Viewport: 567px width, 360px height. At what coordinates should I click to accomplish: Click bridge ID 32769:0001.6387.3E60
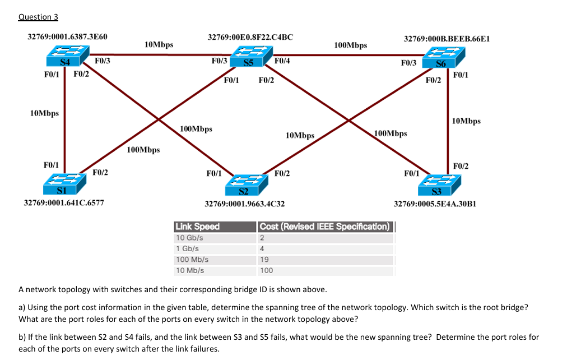68,36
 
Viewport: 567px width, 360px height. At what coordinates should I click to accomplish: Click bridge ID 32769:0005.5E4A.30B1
435,204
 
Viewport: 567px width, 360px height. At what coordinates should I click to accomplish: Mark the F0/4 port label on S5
282,61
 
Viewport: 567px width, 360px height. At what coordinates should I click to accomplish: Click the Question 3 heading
38,17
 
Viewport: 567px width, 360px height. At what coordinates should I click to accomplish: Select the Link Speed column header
197,227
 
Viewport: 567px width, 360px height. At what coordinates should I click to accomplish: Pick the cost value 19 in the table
264,260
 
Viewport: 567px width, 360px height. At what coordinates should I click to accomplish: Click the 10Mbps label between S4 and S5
159,44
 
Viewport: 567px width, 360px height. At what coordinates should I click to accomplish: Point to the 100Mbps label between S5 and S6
350,45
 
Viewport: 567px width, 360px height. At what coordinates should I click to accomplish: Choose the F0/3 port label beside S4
102,61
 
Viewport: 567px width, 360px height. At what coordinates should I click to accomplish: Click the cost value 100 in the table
266,270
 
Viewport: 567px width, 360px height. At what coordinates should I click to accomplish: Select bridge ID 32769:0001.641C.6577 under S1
63,202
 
